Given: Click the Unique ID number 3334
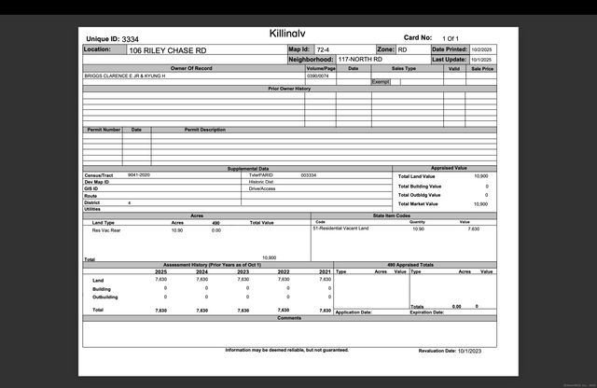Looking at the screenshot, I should coord(130,39).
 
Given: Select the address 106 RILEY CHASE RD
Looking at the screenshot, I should coord(168,49).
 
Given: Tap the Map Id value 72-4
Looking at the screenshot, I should coord(323,49).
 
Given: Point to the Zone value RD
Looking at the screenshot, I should coord(402,49).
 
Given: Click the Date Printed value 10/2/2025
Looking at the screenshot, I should coord(480,49).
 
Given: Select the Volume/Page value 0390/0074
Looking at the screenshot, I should coord(318,76).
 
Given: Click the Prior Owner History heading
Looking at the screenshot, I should coord(289,89).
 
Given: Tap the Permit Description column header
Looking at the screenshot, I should coord(204,130).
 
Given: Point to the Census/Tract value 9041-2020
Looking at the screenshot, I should coord(139,174).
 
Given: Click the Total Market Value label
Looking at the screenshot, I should coord(419,203).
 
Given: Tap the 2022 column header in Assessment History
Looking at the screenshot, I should coord(285,271).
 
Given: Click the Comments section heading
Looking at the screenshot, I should coord(289,318).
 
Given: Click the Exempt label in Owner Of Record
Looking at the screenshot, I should coord(380,82).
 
